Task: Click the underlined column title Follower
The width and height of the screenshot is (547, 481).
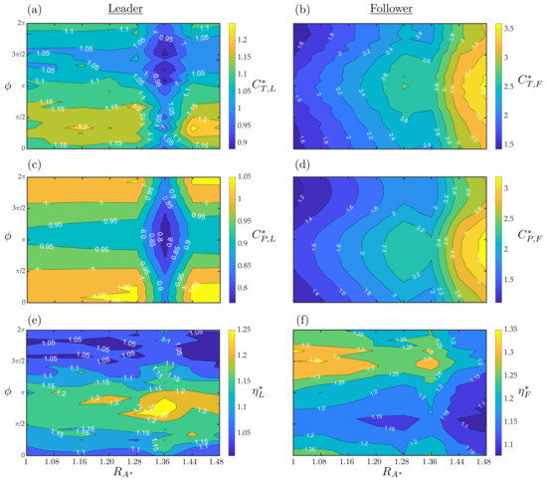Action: pyautogui.click(x=389, y=8)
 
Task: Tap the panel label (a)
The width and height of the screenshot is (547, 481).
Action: pyautogui.click(x=9, y=9)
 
